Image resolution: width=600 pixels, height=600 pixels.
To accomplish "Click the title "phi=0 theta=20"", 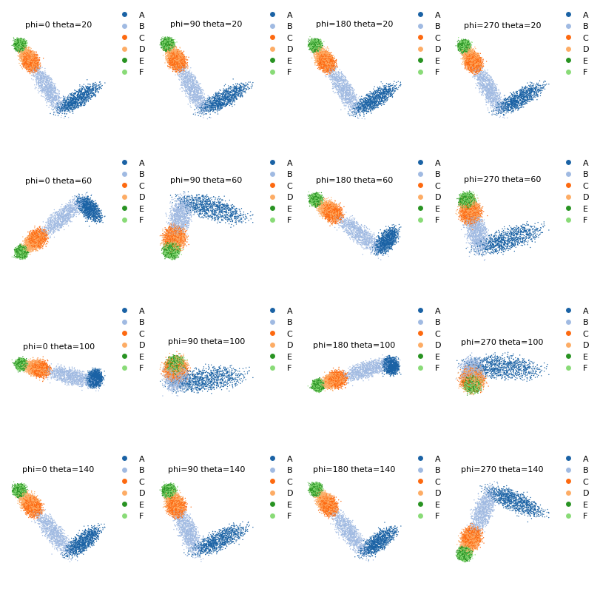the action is tap(58, 24).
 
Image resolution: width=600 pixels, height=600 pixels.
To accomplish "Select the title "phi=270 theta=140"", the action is tap(502, 469).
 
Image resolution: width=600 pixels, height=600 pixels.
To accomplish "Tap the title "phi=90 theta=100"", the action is tap(206, 341).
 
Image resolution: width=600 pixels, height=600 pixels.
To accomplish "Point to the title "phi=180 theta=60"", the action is tap(354, 180).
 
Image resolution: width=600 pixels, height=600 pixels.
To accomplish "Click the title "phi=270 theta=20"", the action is tap(502, 25).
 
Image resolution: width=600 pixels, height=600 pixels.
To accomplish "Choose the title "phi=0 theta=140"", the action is tap(58, 469).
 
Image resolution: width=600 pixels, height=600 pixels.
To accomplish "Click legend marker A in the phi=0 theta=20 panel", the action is tap(125, 15).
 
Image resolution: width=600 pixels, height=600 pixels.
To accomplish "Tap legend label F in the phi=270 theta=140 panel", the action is tap(585, 516).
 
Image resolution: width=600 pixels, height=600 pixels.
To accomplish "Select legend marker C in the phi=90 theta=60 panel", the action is tap(272, 186).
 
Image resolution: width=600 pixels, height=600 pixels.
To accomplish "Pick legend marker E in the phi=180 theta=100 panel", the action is tap(420, 357).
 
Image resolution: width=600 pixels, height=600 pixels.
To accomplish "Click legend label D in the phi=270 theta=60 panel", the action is tap(586, 197).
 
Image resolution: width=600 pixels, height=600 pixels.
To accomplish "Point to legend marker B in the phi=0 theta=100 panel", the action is tap(125, 322).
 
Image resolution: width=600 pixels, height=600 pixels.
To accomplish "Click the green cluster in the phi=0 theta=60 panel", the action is tap(21, 252).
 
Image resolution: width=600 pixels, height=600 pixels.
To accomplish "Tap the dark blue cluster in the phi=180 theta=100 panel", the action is tap(391, 365).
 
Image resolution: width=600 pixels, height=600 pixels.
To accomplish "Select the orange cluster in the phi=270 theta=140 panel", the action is tap(471, 537).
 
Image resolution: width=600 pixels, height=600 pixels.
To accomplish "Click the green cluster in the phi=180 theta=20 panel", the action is tap(315, 45).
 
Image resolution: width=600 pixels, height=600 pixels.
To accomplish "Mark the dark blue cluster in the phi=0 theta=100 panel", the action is tap(95, 378).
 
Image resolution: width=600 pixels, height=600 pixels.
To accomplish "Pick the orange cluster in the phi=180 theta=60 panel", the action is tap(330, 212).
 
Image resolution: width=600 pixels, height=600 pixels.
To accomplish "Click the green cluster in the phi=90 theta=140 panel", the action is tap(169, 491).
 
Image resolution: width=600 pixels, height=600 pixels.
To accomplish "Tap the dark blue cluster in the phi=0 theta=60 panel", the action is tap(90, 208).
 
